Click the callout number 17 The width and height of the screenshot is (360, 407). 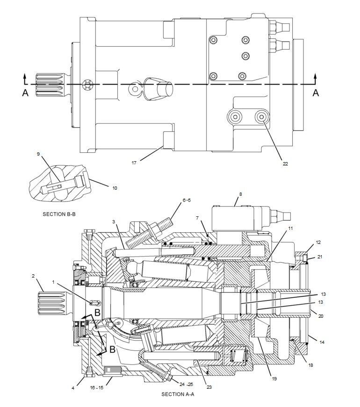click(x=134, y=163)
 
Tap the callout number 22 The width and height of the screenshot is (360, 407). click(x=285, y=164)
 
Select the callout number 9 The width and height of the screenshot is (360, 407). click(x=38, y=154)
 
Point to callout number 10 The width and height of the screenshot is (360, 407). click(x=115, y=188)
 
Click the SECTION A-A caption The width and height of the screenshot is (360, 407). click(x=178, y=394)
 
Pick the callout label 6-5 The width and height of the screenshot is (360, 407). click(x=187, y=200)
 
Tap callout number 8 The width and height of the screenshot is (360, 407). click(x=241, y=193)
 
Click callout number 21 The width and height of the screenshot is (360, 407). click(x=320, y=257)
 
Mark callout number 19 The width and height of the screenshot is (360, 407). click(x=274, y=378)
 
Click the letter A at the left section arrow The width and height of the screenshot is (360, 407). click(x=25, y=93)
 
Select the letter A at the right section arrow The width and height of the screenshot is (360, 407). click(x=316, y=93)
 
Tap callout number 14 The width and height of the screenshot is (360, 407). click(x=322, y=342)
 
